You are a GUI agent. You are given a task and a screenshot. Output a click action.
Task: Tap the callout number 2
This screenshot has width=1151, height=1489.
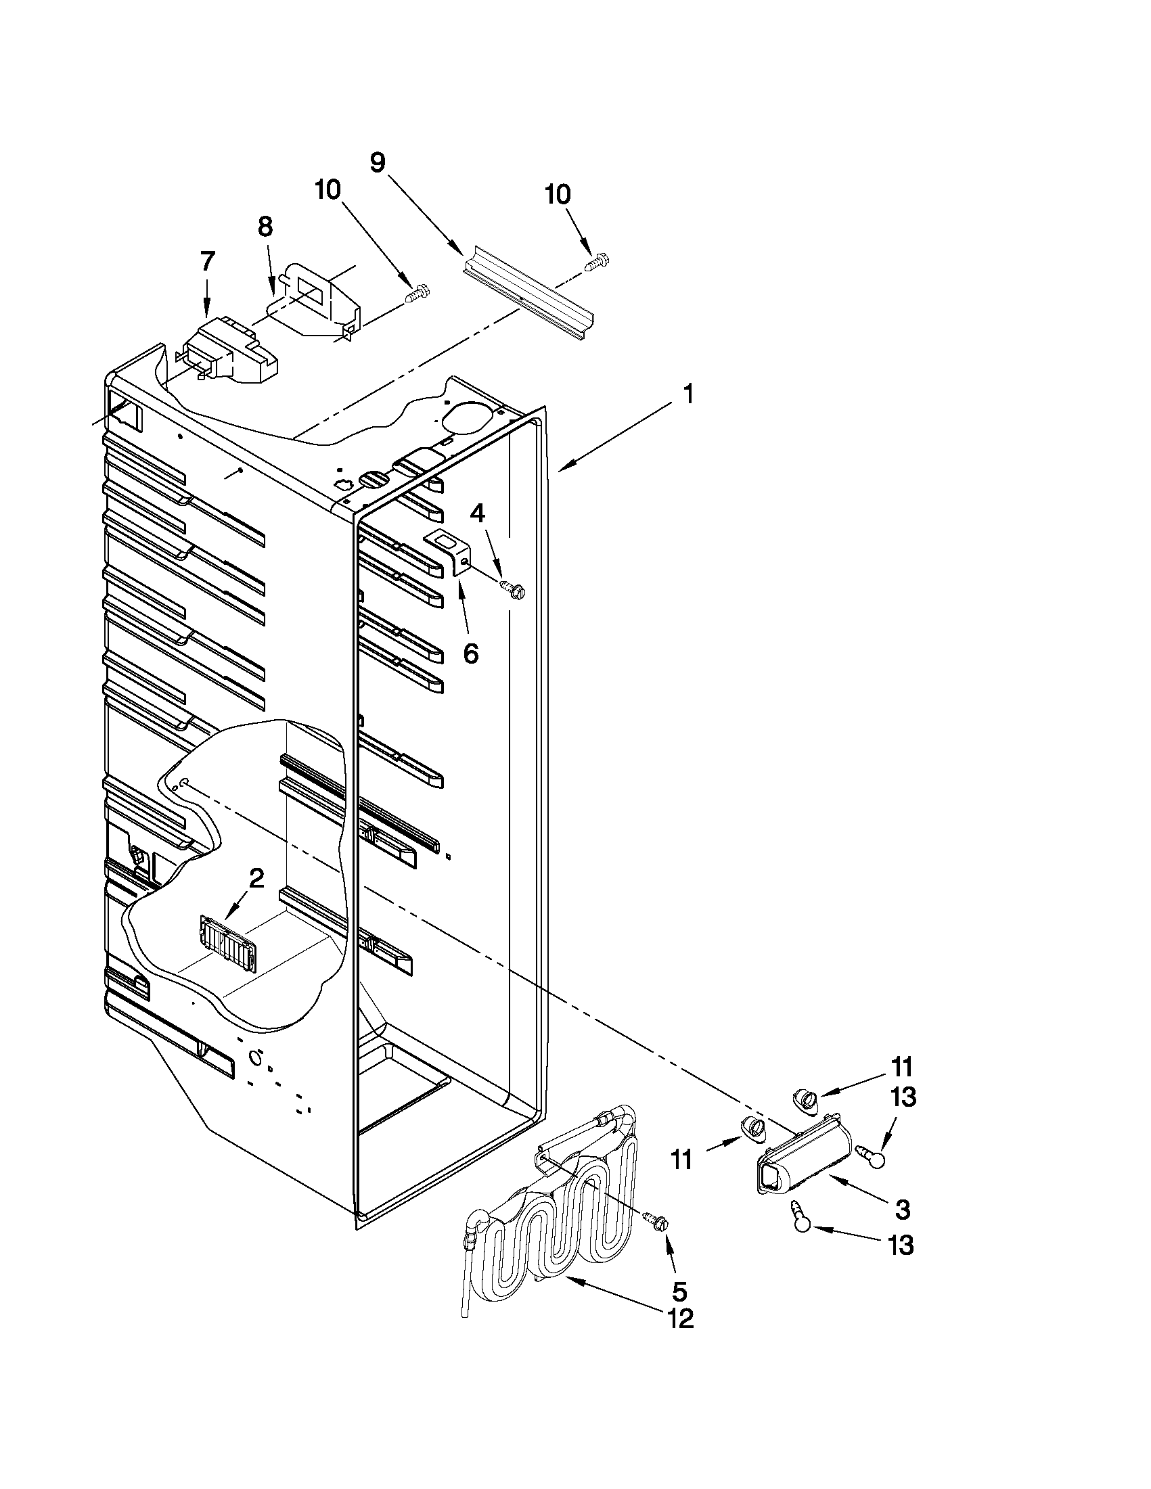[x=256, y=878]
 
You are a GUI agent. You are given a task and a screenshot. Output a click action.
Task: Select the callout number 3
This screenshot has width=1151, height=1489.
[x=901, y=1210]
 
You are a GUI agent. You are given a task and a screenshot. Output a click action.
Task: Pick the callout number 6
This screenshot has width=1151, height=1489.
[x=470, y=653]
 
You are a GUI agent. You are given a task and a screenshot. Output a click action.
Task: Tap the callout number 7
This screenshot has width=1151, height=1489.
[x=207, y=260]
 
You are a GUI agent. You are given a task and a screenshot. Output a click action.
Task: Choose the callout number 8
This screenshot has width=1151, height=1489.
[x=265, y=227]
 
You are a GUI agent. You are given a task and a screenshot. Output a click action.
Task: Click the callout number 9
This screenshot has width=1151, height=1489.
[x=377, y=162]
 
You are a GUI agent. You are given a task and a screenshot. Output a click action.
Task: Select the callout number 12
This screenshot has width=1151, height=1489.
[x=680, y=1319]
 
